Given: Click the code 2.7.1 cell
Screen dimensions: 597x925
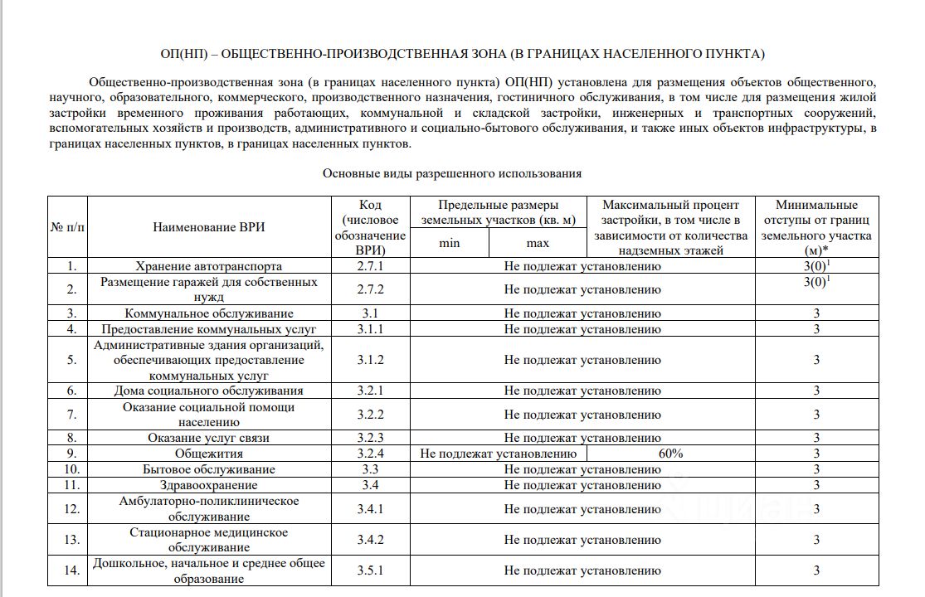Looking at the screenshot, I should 371,266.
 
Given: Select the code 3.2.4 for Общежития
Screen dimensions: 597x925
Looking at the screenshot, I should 371,454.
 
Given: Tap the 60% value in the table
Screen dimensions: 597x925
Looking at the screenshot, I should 670,454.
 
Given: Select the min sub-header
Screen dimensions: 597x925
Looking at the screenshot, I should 449,243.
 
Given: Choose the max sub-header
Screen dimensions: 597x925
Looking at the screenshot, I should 538,243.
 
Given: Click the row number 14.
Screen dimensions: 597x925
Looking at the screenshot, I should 71,570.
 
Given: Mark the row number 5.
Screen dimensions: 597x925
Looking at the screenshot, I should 71,360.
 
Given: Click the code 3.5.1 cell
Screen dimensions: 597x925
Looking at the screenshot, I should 371,570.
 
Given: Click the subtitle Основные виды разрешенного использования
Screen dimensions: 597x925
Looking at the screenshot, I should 452,174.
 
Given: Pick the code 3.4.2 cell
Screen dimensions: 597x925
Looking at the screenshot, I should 371,540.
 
